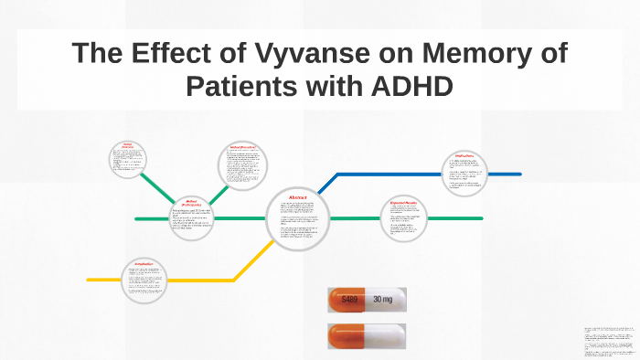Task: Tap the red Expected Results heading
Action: click(404, 202)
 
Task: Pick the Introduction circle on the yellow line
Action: click(147, 278)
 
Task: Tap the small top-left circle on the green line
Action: click(128, 162)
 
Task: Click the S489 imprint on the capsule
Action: click(348, 299)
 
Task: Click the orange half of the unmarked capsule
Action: click(347, 334)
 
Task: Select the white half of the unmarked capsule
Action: click(386, 334)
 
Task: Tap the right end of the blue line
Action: click(519, 174)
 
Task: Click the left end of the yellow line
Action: click(89, 279)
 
